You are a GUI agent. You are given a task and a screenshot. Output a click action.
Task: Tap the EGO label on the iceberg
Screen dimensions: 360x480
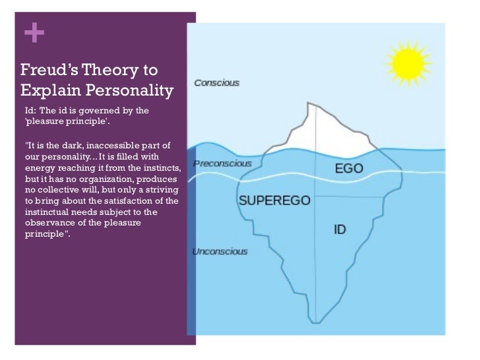(x=349, y=168)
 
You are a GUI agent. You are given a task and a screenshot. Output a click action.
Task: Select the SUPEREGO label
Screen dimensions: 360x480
(x=274, y=200)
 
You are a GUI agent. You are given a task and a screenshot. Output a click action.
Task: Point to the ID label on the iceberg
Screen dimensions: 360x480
(x=340, y=230)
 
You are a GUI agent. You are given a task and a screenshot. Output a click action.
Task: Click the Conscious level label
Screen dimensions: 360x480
(x=216, y=83)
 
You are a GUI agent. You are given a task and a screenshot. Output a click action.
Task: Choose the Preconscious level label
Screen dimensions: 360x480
(x=222, y=163)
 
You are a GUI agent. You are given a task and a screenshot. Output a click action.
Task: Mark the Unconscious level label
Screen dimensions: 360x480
(x=220, y=251)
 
